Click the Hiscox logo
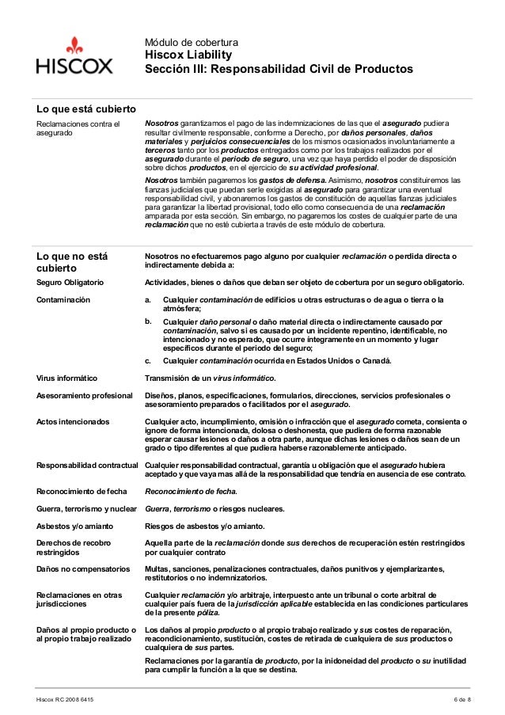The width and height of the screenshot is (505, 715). pyautogui.click(x=74, y=56)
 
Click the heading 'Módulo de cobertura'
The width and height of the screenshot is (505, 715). pyautogui.click(x=186, y=41)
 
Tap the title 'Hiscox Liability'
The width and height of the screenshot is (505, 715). pyautogui.click(x=187, y=55)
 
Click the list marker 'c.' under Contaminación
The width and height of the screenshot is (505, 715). pyautogui.click(x=147, y=361)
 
